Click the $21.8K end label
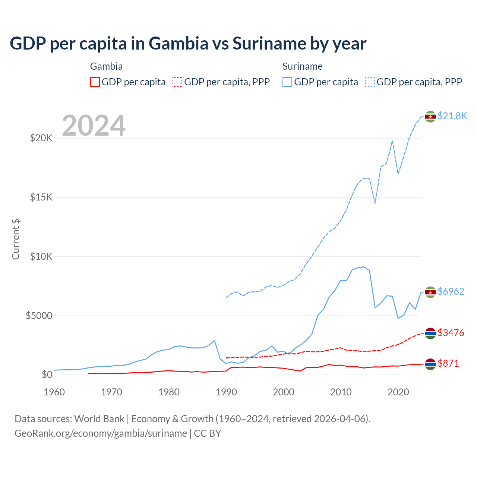(x=452, y=116)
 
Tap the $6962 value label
(x=451, y=291)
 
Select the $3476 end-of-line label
(x=451, y=333)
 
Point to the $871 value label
(x=448, y=363)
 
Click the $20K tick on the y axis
(x=41, y=138)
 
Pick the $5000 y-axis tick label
(x=39, y=316)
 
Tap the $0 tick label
(x=47, y=375)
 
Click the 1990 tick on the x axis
(x=226, y=392)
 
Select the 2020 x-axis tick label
(x=398, y=392)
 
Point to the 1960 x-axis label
(x=54, y=392)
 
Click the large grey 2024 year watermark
(x=94, y=126)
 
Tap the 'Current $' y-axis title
(x=16, y=239)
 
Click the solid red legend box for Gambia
(x=95, y=82)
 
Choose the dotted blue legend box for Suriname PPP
(x=370, y=82)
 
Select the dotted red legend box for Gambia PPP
(x=177, y=82)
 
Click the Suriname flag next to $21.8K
(x=430, y=117)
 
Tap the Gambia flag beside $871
(x=430, y=364)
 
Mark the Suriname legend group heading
(x=302, y=66)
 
